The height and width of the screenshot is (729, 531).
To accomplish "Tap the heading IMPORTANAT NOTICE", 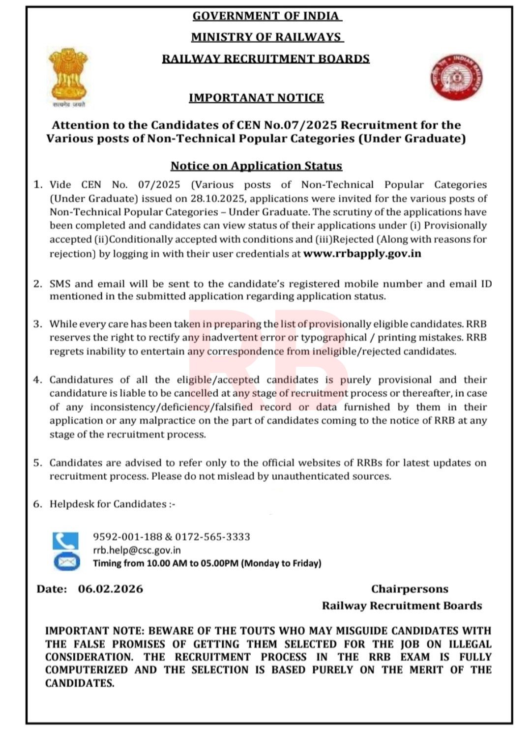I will click(x=256, y=98).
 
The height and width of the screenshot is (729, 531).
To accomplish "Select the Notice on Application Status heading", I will click(x=256, y=166).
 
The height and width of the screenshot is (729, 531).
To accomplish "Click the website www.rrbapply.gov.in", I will click(x=362, y=254).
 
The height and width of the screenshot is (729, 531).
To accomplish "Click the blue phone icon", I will click(x=65, y=541).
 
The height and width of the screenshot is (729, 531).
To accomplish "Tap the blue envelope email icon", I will click(x=66, y=561).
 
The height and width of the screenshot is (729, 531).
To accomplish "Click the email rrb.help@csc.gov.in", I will click(x=137, y=550).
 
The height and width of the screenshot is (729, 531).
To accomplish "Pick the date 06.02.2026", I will click(x=111, y=589).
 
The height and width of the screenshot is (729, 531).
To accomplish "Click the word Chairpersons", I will click(x=410, y=589).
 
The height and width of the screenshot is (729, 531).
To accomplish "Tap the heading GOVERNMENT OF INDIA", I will click(x=266, y=16).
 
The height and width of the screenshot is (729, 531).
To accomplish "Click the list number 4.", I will click(x=37, y=380).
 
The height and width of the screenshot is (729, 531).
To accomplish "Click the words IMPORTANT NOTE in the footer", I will click(x=95, y=631).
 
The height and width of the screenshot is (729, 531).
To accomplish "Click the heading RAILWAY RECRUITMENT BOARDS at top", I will click(x=266, y=59).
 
